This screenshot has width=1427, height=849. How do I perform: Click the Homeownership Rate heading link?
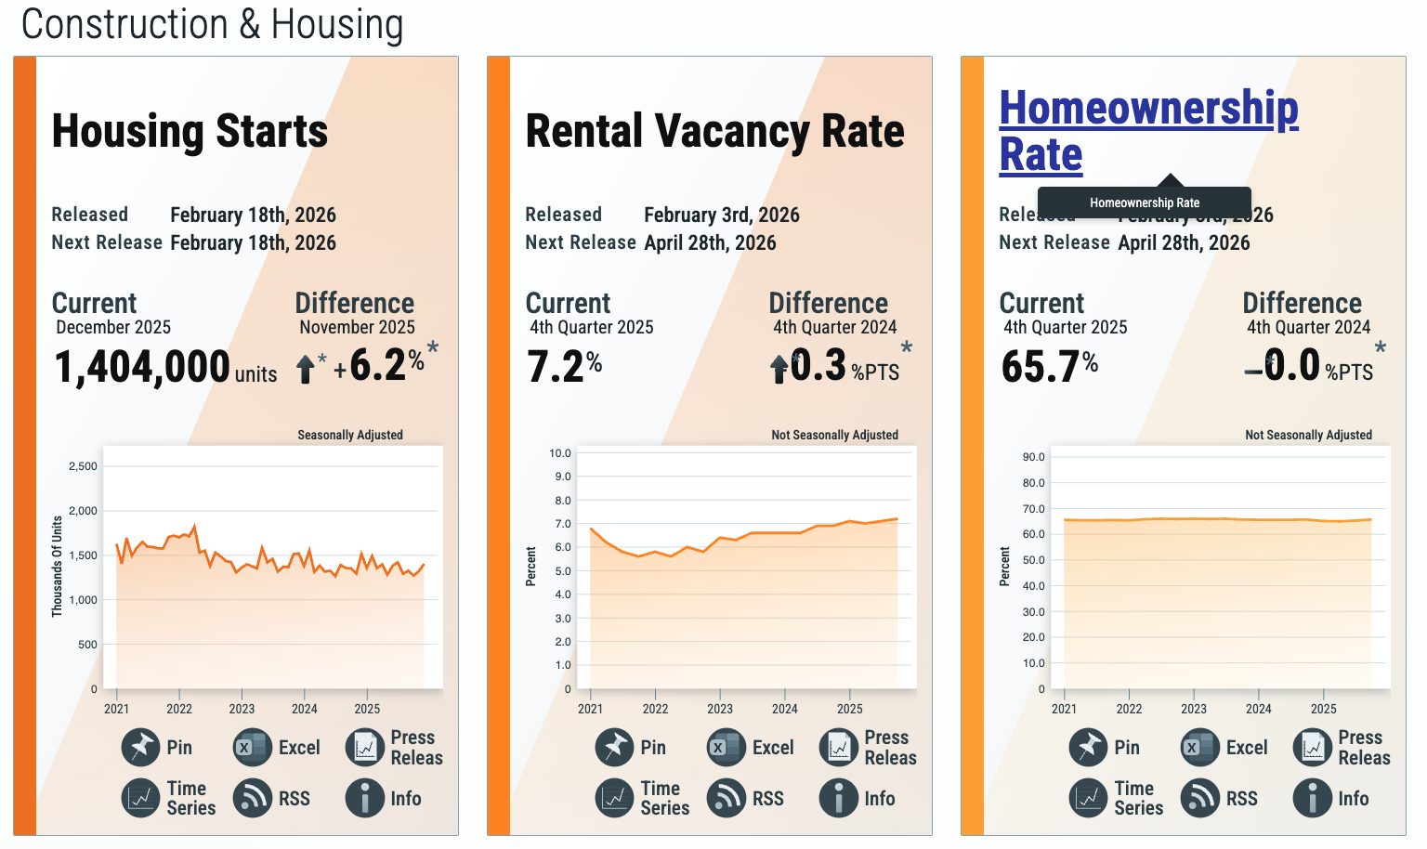tap(1147, 130)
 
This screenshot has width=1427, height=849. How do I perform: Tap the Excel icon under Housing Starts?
tap(252, 747)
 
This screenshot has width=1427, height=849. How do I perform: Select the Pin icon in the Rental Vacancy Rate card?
tap(614, 747)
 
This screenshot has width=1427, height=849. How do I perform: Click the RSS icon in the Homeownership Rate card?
tap(1199, 798)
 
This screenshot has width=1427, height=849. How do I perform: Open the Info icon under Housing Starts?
tap(365, 798)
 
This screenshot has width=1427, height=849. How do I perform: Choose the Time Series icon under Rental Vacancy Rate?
tap(614, 798)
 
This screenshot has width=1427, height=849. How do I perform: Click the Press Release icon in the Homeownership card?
tap(1313, 747)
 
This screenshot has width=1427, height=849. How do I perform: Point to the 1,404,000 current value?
tap(142, 366)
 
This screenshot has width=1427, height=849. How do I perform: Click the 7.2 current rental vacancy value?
tap(556, 366)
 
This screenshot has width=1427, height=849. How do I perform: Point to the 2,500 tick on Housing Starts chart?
tap(83, 466)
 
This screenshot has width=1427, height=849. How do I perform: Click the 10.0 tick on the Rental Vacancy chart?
tap(560, 453)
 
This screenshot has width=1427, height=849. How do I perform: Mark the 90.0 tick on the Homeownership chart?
tap(1033, 457)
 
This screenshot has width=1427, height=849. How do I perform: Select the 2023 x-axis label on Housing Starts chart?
tap(242, 709)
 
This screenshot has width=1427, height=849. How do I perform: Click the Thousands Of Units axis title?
tap(58, 567)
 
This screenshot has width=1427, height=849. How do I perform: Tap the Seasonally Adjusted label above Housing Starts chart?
tap(349, 435)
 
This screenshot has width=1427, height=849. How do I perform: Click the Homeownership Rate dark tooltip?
tap(1144, 202)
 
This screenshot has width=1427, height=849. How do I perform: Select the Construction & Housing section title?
tap(212, 24)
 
